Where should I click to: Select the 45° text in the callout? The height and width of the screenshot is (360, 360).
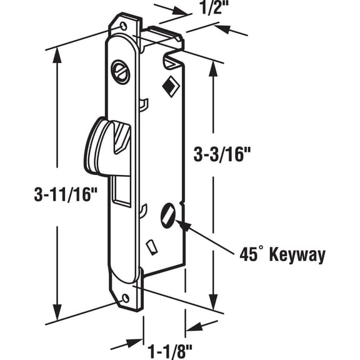point(252,254)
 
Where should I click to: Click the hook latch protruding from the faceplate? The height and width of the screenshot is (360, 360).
point(106,144)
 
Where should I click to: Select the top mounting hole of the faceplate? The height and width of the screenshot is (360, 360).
point(124,26)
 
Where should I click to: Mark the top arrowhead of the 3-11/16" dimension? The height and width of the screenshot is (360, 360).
point(58,54)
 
